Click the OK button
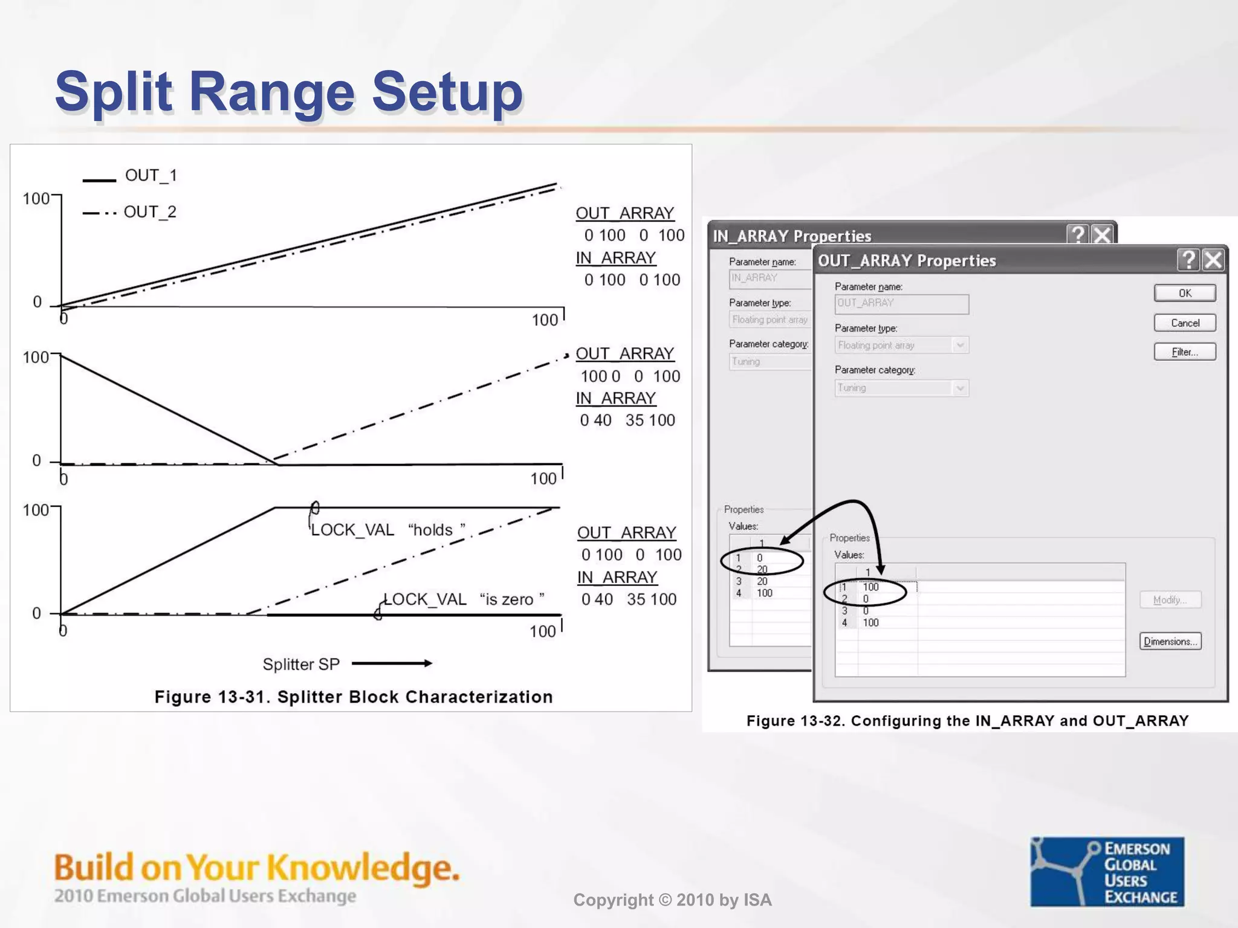tap(1184, 293)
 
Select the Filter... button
tap(1184, 352)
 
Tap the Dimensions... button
tap(1170, 641)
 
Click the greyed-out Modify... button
tap(1170, 600)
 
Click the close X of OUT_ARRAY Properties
tap(1213, 260)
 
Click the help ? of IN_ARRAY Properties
tap(1077, 234)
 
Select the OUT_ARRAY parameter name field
tap(901, 304)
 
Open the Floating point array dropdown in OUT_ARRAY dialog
tap(959, 345)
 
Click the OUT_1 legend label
tap(151, 175)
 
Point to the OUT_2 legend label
tap(150, 212)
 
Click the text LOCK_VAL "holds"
tap(387, 530)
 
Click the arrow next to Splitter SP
tap(392, 663)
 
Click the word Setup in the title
tap(447, 92)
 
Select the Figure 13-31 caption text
tap(354, 697)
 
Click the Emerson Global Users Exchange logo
tap(1107, 871)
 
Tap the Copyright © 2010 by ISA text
tap(672, 900)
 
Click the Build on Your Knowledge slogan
tap(256, 868)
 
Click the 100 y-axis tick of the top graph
tap(36, 199)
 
